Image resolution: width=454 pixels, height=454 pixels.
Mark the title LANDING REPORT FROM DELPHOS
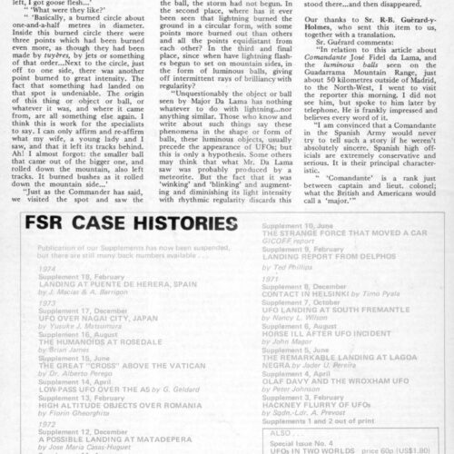(337, 314)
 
